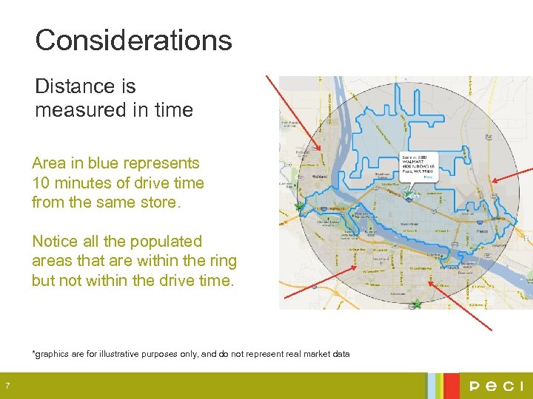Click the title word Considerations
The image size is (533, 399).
pos(133,40)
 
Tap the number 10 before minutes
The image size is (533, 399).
pos(41,183)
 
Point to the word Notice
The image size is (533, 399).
pos(56,242)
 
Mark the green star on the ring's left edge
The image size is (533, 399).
pos(298,207)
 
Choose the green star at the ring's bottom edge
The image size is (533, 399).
pos(417,304)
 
